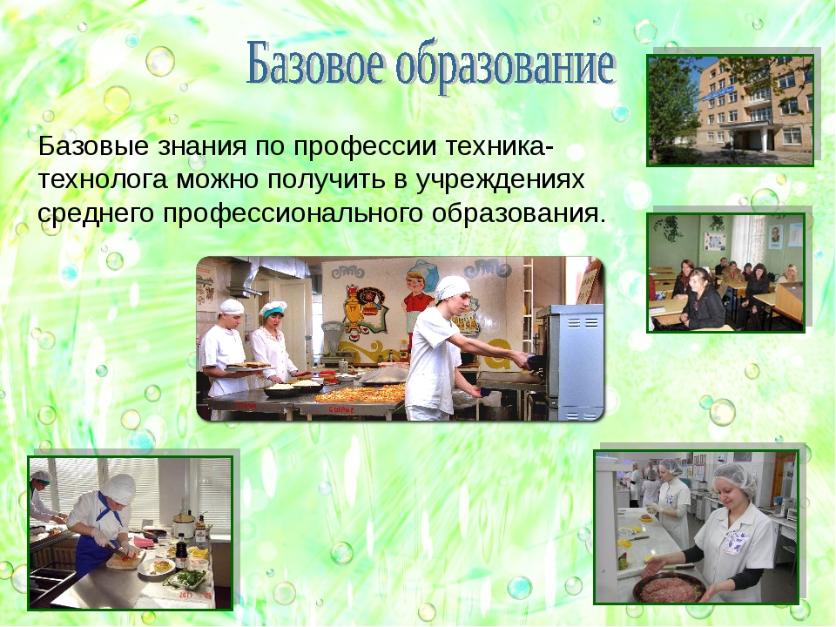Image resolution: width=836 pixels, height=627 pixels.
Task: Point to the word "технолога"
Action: tap(104, 179)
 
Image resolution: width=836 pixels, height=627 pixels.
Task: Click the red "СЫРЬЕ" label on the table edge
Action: tap(341, 409)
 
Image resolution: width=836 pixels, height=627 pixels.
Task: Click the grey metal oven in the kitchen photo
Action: tap(570, 361)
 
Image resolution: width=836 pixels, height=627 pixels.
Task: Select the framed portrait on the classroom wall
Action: tap(774, 236)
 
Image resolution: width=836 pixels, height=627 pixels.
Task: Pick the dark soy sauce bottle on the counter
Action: tap(182, 555)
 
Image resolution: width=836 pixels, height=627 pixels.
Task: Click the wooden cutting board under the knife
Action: tap(125, 559)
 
